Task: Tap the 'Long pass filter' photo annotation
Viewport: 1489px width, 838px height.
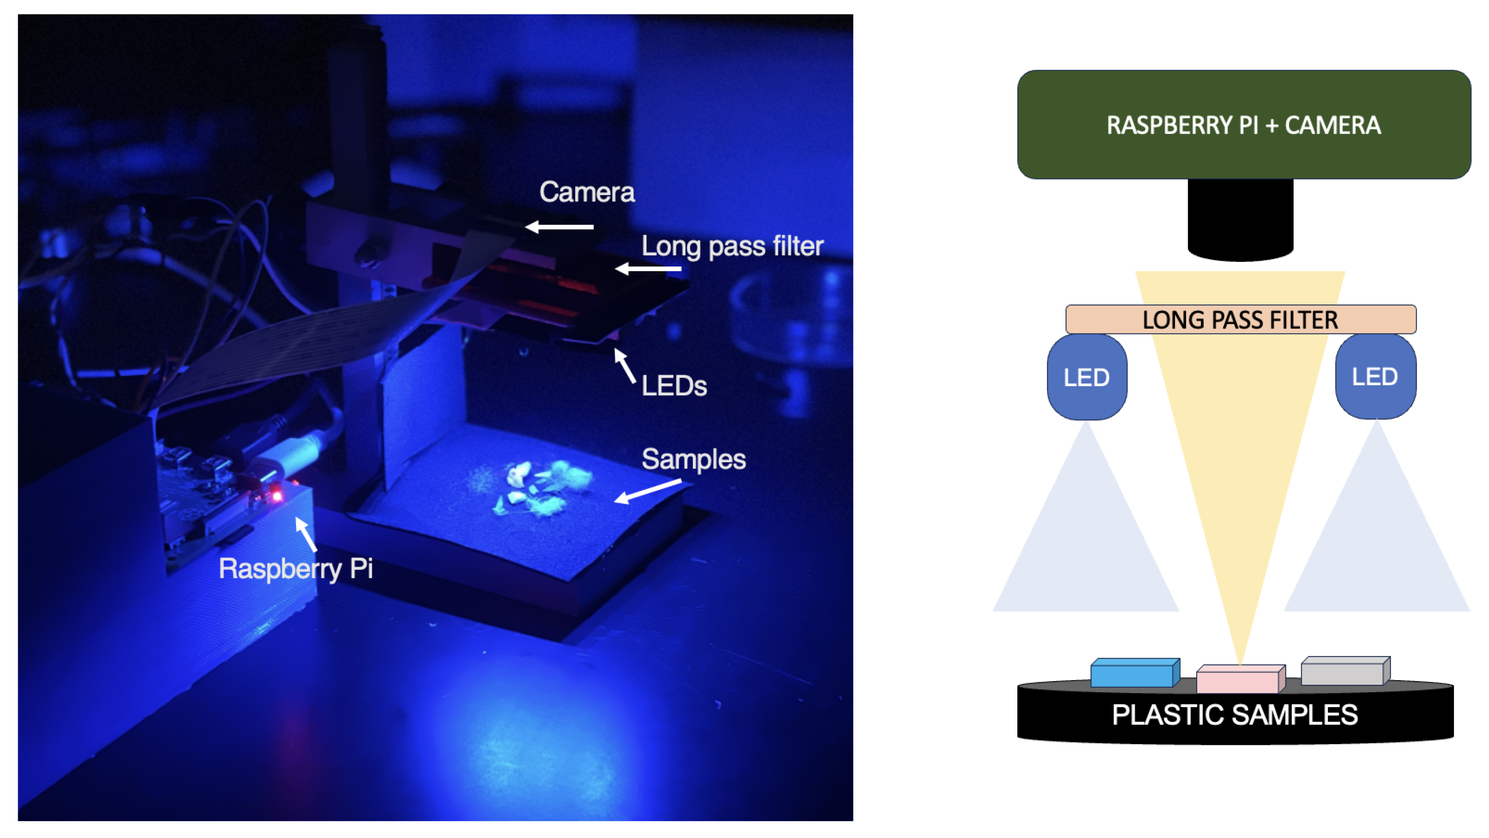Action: (x=732, y=246)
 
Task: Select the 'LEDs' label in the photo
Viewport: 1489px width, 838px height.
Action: (x=673, y=386)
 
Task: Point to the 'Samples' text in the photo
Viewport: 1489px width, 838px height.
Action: (x=693, y=460)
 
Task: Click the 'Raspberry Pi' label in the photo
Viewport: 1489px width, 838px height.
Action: (x=296, y=569)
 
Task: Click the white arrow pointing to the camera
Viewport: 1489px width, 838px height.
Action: (x=558, y=227)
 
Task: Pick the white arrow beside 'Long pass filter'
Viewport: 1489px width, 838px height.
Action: (x=648, y=268)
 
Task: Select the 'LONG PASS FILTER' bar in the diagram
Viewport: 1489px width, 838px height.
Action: (x=1240, y=319)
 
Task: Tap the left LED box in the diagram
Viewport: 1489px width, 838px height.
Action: (x=1087, y=377)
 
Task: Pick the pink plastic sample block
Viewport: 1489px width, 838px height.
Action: (x=1240, y=679)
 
